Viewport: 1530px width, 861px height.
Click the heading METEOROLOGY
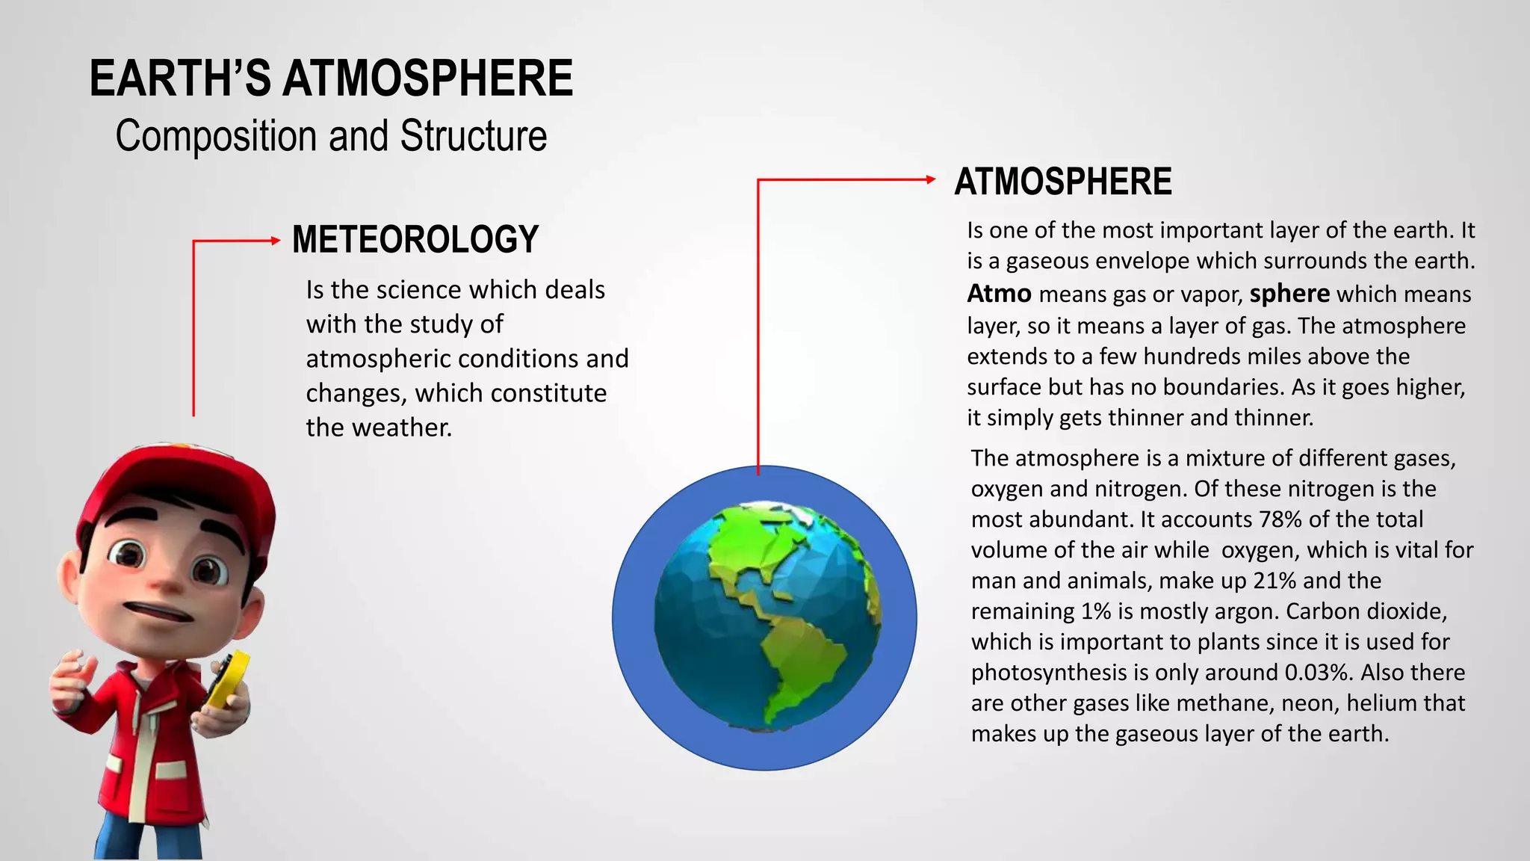coord(415,240)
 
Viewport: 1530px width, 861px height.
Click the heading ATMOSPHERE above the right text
coord(1062,182)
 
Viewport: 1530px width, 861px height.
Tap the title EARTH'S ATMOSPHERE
coord(331,78)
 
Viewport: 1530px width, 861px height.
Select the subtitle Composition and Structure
coord(331,136)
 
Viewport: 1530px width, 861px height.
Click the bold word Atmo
coord(999,294)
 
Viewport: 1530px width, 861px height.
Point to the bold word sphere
coord(1289,294)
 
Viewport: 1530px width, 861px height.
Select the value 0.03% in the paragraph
coord(1319,673)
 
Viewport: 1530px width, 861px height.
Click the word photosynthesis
coord(1049,673)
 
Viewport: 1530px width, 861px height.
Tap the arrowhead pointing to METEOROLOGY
coord(275,241)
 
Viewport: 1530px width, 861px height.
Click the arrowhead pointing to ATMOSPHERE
coord(930,179)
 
